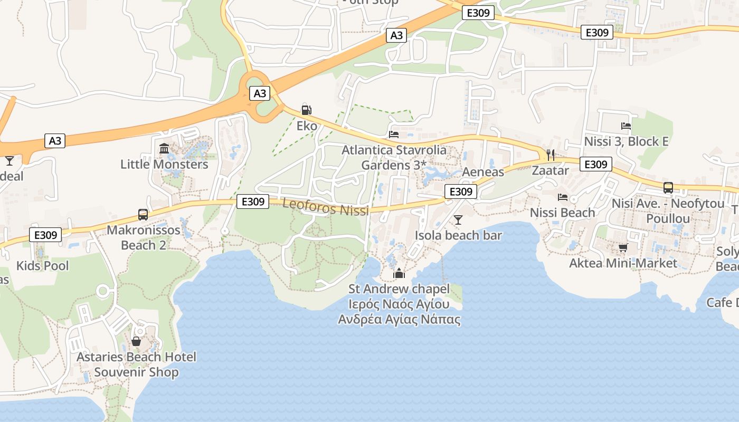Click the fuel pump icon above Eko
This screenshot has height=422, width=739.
pos(306,110)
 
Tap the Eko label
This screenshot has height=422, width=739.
pos(307,126)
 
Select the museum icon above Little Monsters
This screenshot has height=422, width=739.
pos(164,148)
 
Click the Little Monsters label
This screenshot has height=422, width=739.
pos(164,164)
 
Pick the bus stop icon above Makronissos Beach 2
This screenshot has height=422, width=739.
pos(143,214)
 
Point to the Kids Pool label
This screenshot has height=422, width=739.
pos(43,265)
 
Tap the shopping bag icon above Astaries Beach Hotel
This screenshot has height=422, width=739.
pos(136,341)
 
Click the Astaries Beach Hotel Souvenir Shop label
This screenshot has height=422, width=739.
pos(136,365)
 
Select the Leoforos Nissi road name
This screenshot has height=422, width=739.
pos(325,207)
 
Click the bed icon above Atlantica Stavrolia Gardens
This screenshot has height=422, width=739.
pos(394,134)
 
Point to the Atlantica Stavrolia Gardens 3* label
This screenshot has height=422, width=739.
pos(394,157)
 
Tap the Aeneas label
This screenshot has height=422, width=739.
pos(483,172)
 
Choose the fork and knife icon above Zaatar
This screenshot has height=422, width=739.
pos(551,155)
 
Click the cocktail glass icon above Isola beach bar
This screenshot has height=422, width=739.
pos(458,219)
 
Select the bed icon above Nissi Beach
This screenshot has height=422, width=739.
pos(563,197)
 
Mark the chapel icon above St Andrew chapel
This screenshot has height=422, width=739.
pos(399,273)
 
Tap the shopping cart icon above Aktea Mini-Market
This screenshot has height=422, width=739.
pos(623,247)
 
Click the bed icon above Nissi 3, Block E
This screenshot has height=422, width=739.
pos(626,126)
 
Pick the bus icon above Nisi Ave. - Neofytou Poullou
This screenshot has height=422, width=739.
pos(668,187)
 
